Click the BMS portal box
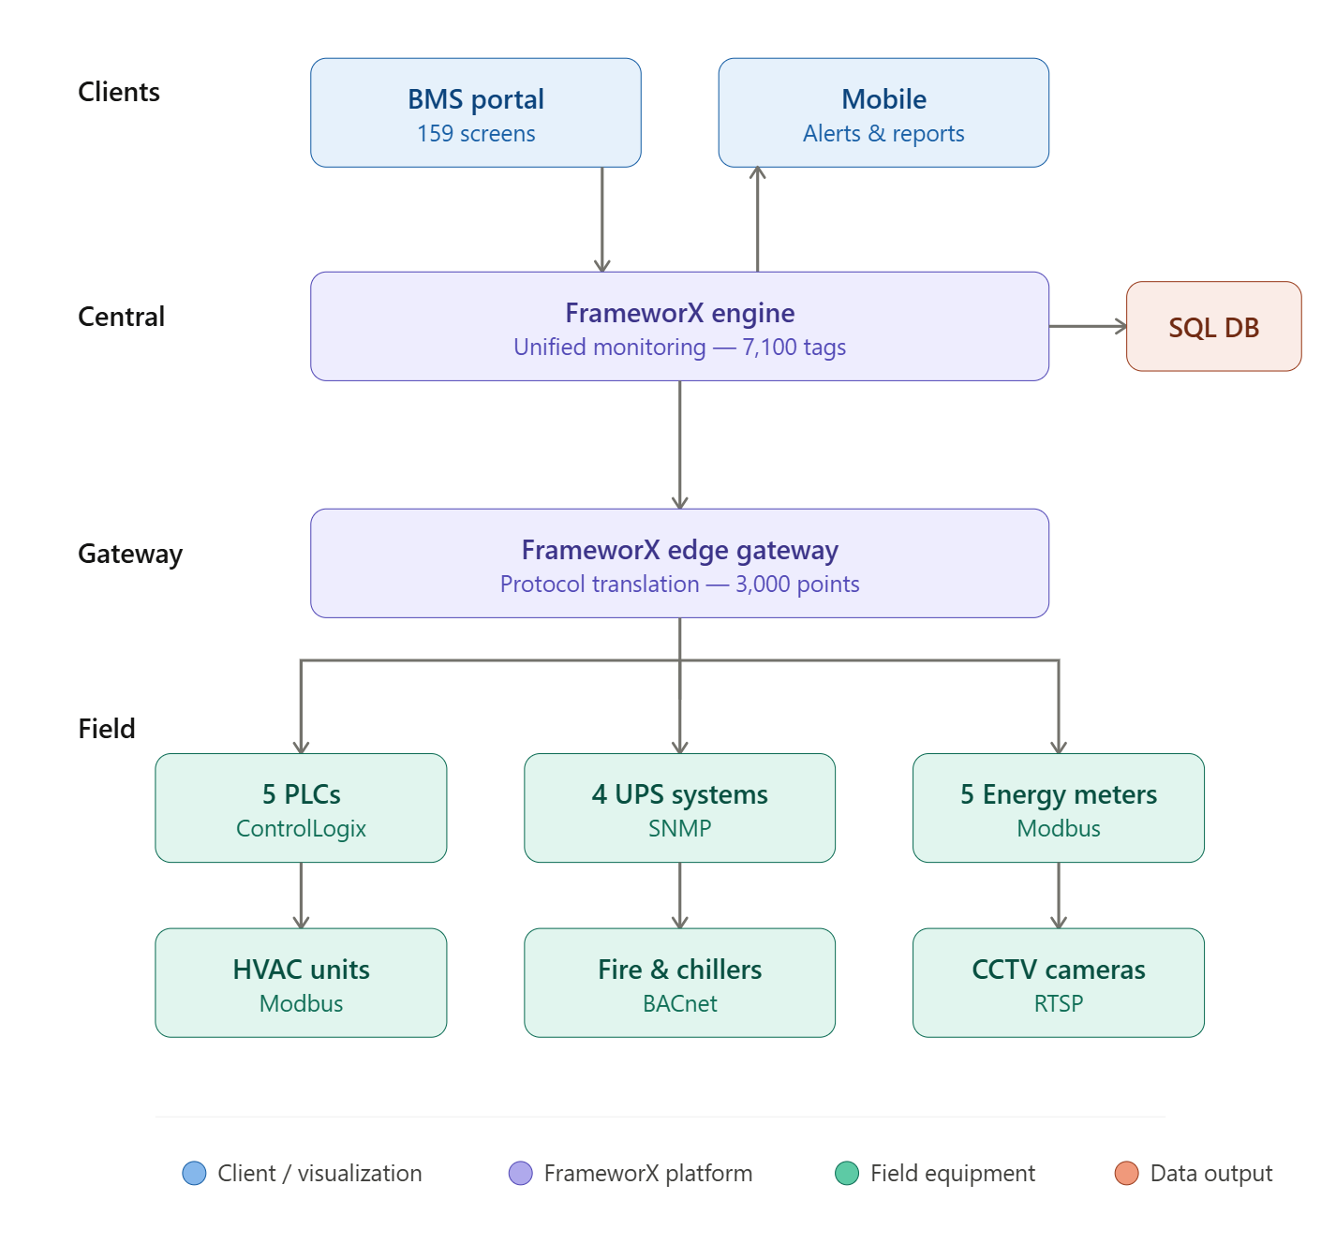point(476,112)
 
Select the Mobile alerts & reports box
point(883,112)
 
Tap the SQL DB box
point(1213,327)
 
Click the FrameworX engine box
point(679,326)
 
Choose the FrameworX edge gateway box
point(679,563)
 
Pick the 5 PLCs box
point(301,808)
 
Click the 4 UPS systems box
point(679,808)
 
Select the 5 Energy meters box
point(1059,808)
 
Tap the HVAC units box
point(301,983)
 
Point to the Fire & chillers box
point(679,983)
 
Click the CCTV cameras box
point(1059,983)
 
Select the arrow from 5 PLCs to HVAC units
point(301,895)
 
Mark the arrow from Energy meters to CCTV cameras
point(1059,895)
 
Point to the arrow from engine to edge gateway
point(680,444)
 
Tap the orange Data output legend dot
point(1126,1173)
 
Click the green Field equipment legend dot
point(847,1173)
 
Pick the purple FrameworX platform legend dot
point(520,1173)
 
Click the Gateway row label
point(130,554)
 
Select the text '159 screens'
point(476,134)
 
